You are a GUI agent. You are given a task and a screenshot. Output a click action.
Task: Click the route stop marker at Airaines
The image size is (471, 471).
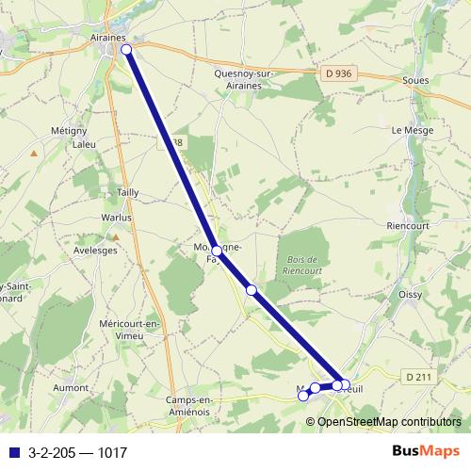coord(125,49)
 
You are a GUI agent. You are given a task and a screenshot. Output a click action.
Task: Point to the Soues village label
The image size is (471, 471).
coord(415,80)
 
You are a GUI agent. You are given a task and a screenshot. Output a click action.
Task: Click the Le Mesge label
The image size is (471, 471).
coord(410,130)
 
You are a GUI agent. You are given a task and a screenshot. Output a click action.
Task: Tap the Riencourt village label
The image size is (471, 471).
coord(407,226)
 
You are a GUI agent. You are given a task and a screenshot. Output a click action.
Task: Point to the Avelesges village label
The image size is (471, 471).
coord(96,251)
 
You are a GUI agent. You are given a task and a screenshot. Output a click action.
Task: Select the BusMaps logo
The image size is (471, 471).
coord(425,451)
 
